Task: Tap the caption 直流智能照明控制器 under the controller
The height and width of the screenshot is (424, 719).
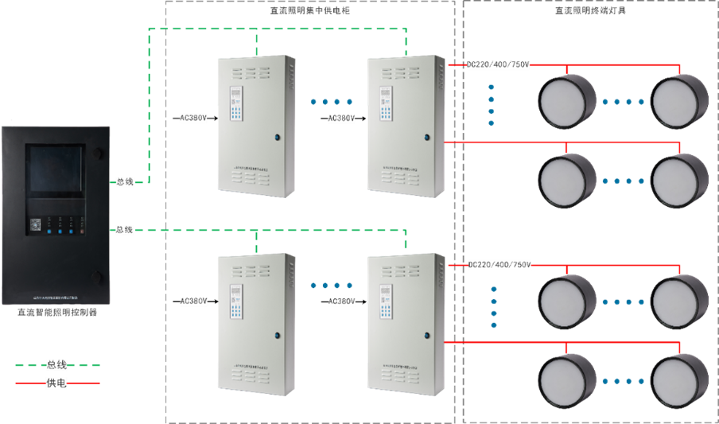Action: (x=57, y=313)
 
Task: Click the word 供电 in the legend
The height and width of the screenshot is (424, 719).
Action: (x=56, y=383)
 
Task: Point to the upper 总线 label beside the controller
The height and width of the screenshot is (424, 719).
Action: (x=124, y=182)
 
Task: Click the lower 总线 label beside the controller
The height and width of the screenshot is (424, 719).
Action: (x=124, y=230)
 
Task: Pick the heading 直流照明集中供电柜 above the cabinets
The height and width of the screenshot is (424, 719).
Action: (x=310, y=10)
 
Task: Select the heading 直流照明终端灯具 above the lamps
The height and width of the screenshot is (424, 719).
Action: (x=585, y=10)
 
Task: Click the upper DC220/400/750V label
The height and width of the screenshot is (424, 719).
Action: (x=499, y=64)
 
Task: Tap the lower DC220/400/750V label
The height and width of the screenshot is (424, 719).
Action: (x=499, y=264)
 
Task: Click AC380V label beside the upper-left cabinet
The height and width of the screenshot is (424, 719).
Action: (x=193, y=119)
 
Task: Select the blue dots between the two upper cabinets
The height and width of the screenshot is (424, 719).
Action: (x=332, y=102)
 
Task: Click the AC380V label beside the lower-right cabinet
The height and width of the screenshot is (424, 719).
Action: (x=342, y=301)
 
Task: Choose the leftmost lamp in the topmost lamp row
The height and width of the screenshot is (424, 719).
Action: (x=567, y=102)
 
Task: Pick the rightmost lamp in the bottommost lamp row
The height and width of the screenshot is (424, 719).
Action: (x=679, y=380)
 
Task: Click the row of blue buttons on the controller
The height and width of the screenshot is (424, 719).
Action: (x=60, y=231)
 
